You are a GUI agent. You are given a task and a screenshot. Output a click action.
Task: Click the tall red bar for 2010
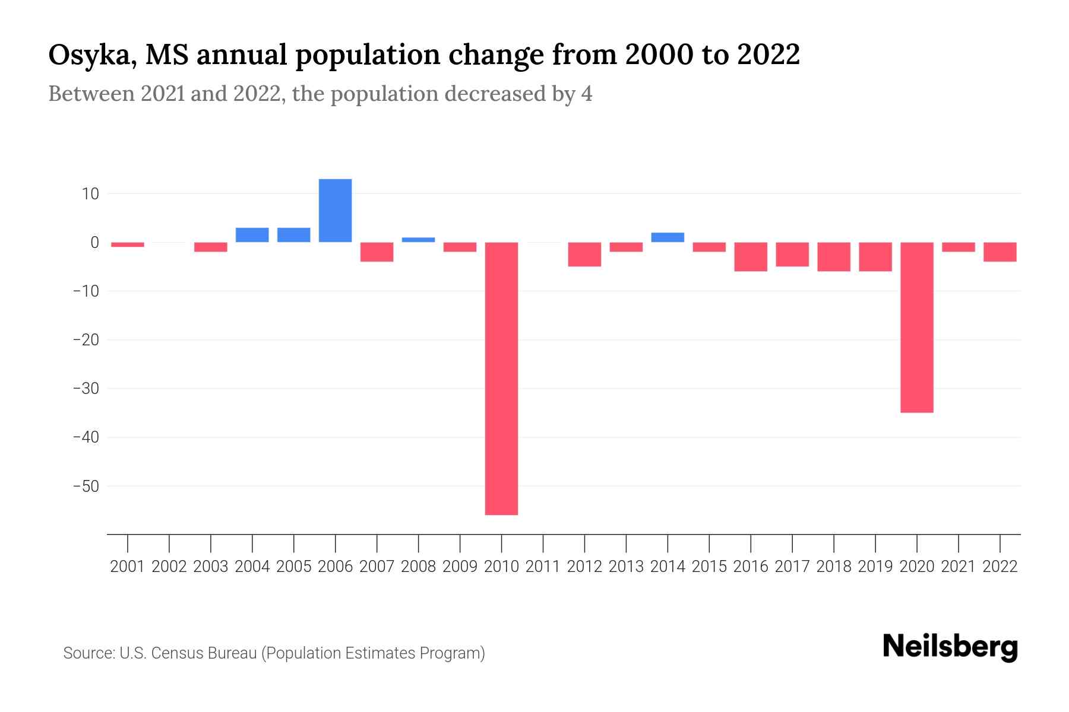pyautogui.click(x=501, y=378)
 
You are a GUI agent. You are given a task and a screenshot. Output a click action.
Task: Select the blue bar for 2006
pyautogui.click(x=335, y=210)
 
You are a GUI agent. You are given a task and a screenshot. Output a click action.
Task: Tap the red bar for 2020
pyautogui.click(x=916, y=327)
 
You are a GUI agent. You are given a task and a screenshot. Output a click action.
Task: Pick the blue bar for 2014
pyautogui.click(x=668, y=237)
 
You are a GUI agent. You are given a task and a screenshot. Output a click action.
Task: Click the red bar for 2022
pyautogui.click(x=1000, y=252)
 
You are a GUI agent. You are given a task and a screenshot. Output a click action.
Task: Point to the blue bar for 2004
pyautogui.click(x=252, y=235)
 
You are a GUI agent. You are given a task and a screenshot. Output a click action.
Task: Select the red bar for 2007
pyautogui.click(x=377, y=252)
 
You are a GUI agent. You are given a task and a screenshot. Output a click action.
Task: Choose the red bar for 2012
pyautogui.click(x=584, y=254)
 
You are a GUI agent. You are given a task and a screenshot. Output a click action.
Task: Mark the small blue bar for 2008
pyautogui.click(x=418, y=240)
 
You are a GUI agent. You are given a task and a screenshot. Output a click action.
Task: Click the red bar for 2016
pyautogui.click(x=751, y=256)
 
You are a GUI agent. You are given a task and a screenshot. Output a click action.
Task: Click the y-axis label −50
pyautogui.click(x=86, y=486)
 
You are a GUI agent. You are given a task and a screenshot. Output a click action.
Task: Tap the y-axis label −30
pyautogui.click(x=86, y=389)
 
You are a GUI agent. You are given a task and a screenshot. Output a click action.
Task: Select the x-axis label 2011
pyautogui.click(x=543, y=567)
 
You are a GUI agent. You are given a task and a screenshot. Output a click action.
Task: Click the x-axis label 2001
pyautogui.click(x=128, y=567)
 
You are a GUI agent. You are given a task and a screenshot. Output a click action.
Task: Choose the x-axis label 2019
pyautogui.click(x=875, y=567)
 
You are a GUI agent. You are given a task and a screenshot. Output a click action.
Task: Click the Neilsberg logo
pyautogui.click(x=950, y=647)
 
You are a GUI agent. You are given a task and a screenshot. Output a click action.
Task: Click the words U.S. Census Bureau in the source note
pyautogui.click(x=188, y=653)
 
